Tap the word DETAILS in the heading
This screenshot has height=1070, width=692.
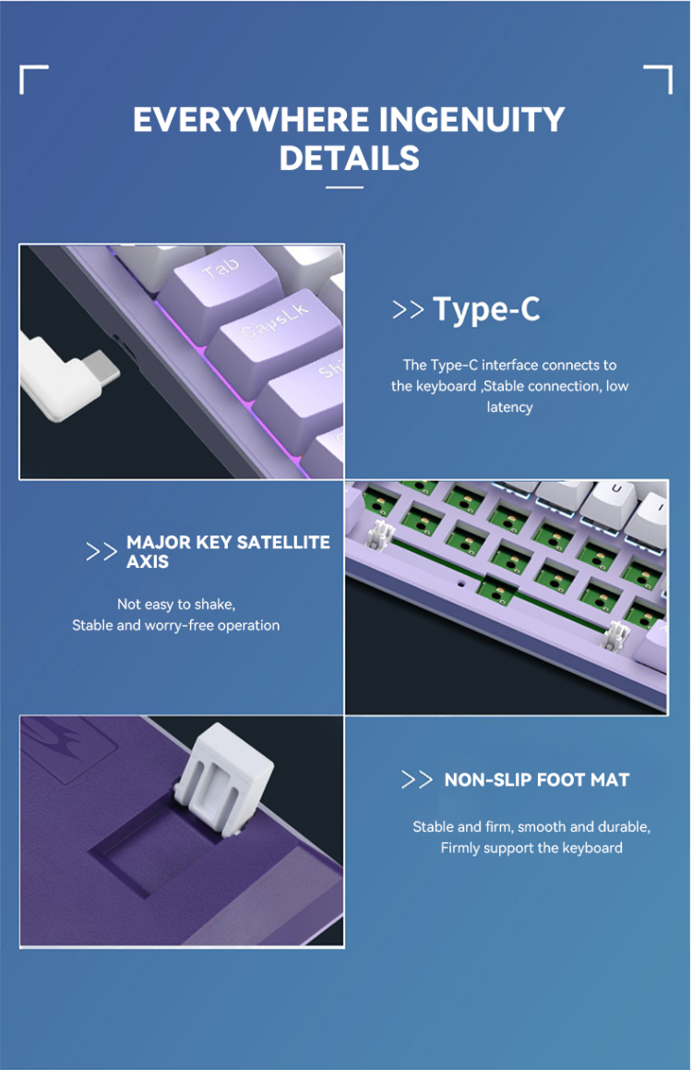coord(350,158)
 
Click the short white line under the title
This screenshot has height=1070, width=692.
coord(345,187)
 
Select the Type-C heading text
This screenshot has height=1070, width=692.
coord(486,309)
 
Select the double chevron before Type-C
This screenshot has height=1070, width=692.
coord(408,310)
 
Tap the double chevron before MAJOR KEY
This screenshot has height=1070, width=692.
coord(101,552)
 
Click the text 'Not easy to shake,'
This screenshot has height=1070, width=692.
coord(176,604)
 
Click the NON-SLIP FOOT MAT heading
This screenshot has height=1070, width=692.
coord(536,780)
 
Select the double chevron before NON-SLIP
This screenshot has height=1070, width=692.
coord(416,780)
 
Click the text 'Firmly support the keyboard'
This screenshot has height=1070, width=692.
coord(531,848)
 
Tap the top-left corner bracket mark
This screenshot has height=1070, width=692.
coord(32,78)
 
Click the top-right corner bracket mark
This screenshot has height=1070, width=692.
coord(659,78)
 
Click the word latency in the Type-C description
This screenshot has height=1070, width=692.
coord(509,407)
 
